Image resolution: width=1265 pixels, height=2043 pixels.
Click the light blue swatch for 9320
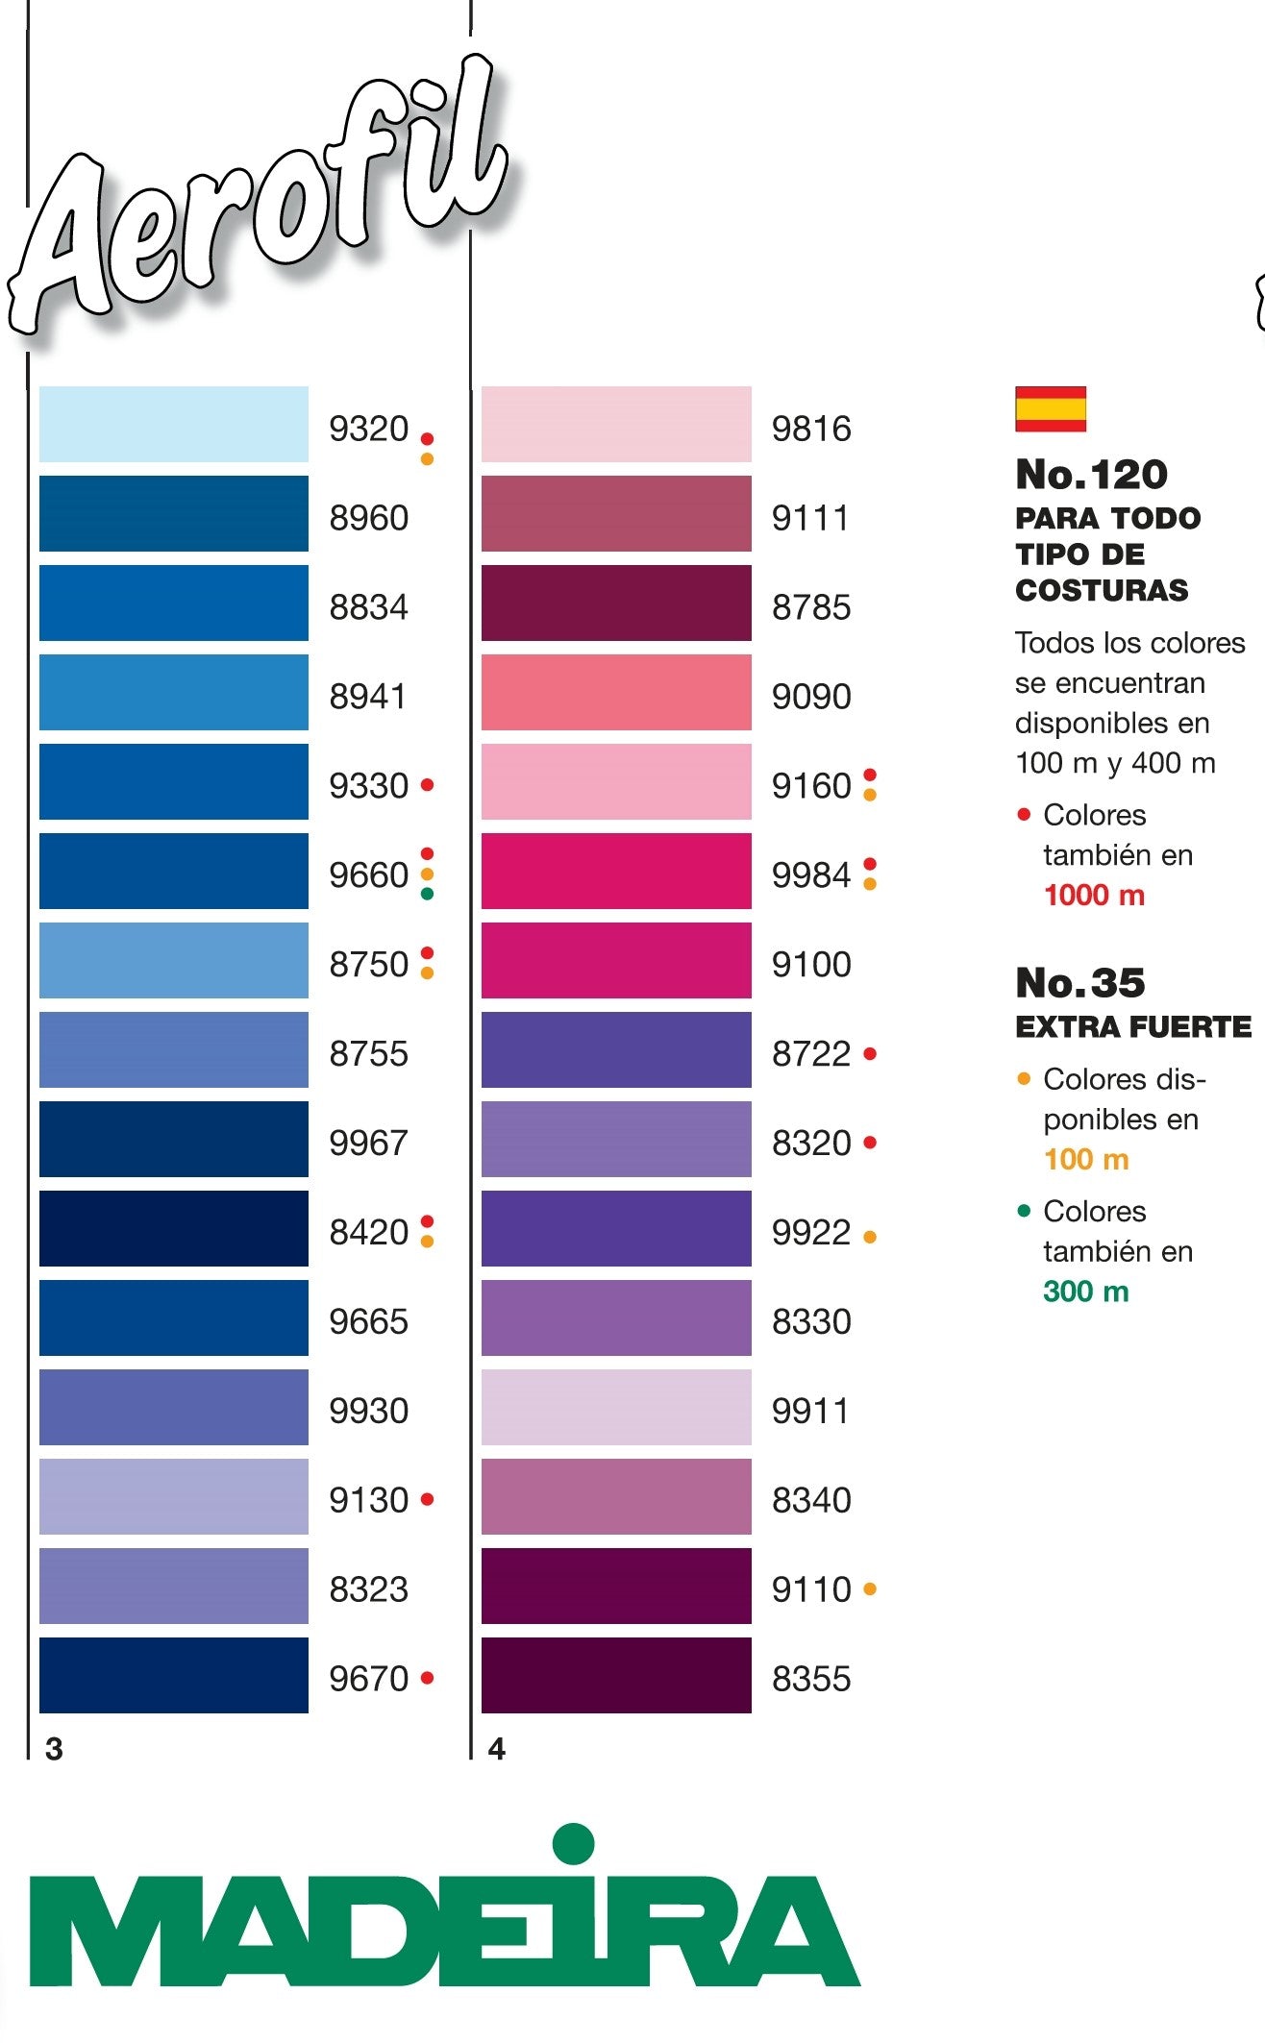pos(173,424)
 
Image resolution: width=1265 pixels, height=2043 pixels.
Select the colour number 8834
pos(368,607)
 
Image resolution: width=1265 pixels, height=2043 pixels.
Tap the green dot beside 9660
pos(428,894)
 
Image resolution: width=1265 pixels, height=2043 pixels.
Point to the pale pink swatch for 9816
pos(615,424)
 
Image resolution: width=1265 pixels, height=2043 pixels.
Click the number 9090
pos(811,697)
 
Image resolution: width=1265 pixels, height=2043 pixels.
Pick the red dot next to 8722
pos(870,1054)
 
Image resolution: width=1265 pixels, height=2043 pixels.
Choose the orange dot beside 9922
pos(870,1238)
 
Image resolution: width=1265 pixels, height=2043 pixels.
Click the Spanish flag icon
pos(1051,409)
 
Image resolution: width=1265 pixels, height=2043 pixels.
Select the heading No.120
pos(1091,474)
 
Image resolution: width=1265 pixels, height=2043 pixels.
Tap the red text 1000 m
pos(1094,896)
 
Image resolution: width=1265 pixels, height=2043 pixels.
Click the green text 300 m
pos(1086,1292)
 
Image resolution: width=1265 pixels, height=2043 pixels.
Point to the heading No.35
pos(1080,982)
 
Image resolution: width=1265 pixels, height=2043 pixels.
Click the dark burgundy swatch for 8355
pos(615,1675)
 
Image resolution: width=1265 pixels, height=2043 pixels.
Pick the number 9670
pos(368,1679)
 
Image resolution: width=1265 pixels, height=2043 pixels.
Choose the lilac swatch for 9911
pos(615,1407)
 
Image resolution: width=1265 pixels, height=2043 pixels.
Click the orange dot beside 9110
pos(870,1589)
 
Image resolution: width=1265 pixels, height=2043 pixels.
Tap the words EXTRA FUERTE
pos(1133,1027)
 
